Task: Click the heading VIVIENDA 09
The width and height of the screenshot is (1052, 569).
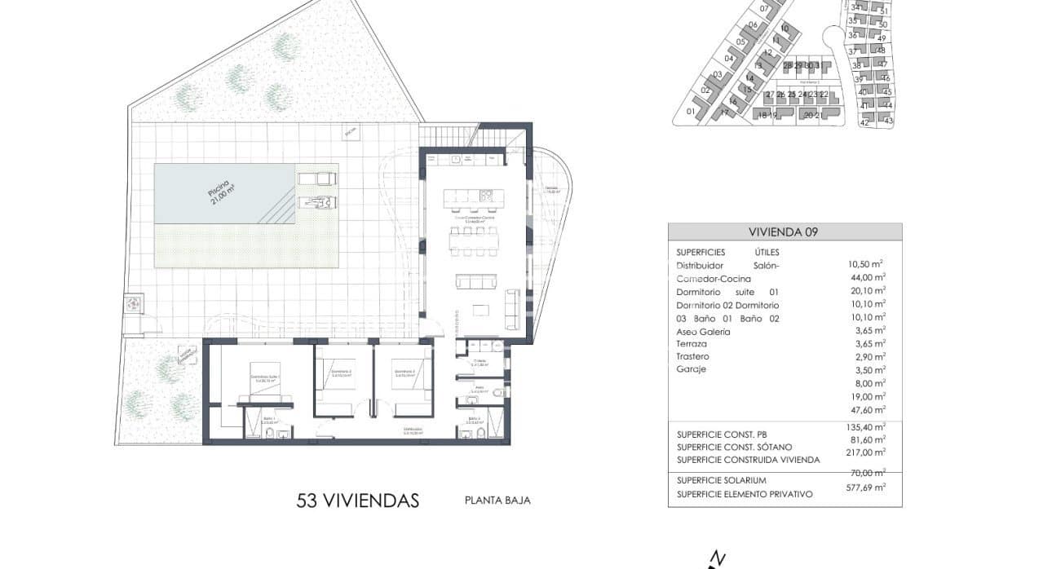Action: pyautogui.click(x=784, y=232)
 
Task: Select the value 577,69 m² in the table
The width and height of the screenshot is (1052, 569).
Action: pyautogui.click(x=866, y=487)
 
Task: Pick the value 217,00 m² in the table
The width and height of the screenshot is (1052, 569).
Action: pyautogui.click(x=866, y=452)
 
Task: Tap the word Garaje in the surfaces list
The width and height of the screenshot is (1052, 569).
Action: pyautogui.click(x=691, y=369)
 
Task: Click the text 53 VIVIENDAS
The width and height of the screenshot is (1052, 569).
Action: pyautogui.click(x=358, y=500)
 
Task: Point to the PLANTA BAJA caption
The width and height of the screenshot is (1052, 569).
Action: pyautogui.click(x=497, y=501)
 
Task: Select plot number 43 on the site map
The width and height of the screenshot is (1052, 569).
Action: pyautogui.click(x=888, y=121)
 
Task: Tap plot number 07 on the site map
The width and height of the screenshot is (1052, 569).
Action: pyautogui.click(x=764, y=9)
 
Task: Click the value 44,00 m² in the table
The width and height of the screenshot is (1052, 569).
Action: pyautogui.click(x=866, y=278)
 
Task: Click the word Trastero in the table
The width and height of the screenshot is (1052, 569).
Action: pyautogui.click(x=692, y=357)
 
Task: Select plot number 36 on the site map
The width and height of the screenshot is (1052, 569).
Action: pyautogui.click(x=852, y=35)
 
